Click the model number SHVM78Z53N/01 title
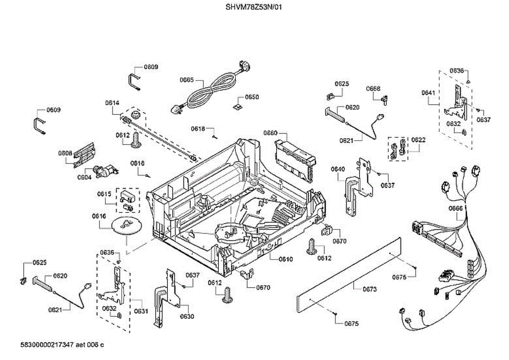click(254, 7)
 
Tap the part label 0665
click(187, 80)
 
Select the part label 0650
click(252, 97)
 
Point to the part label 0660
click(271, 133)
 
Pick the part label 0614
click(112, 103)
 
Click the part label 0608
click(65, 153)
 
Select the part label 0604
click(84, 177)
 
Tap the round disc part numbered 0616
click(126, 225)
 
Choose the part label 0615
click(104, 194)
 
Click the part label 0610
click(285, 259)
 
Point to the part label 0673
click(370, 289)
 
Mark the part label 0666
click(456, 208)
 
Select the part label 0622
click(418, 140)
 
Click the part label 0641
click(428, 93)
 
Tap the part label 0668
click(373, 89)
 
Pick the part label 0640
click(338, 169)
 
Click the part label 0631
click(141, 311)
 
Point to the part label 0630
click(187, 316)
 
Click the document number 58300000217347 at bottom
click(47, 345)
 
